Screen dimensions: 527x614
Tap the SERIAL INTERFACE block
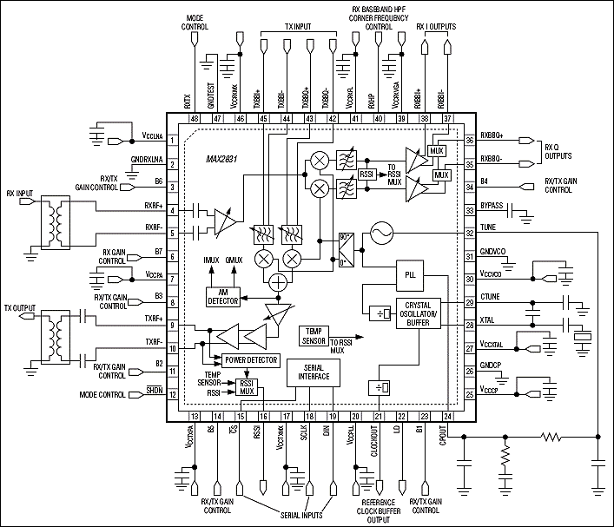[x=311, y=374]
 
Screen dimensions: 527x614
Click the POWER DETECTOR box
[x=250, y=359]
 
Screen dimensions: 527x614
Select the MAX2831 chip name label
[x=222, y=160]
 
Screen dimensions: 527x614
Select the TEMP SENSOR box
[x=313, y=335]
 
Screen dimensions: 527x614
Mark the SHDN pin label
[x=155, y=392]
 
